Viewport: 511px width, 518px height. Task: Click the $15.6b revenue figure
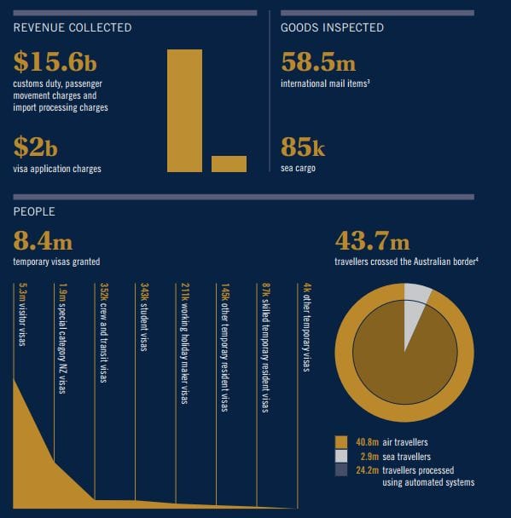point(55,62)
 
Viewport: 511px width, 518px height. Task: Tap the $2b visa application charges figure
point(35,147)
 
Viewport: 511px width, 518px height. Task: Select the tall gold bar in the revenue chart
point(184,111)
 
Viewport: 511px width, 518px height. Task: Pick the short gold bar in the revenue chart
point(229,164)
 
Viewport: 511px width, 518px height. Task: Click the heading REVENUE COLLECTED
point(73,27)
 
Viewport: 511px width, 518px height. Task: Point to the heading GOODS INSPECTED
point(332,27)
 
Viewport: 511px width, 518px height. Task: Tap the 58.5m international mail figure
point(318,62)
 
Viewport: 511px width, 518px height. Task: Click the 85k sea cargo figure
point(303,147)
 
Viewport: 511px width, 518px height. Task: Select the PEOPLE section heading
point(34,211)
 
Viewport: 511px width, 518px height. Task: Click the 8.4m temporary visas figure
point(43,241)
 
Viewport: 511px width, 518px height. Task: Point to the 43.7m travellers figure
point(372,241)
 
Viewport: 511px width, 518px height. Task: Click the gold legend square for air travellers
point(341,442)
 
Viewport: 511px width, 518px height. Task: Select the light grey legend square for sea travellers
point(341,456)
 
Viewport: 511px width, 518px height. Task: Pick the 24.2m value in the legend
point(367,470)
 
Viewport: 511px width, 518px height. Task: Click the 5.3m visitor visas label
point(22,314)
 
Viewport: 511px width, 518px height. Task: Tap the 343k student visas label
point(144,317)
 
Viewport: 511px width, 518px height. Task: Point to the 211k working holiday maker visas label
point(185,343)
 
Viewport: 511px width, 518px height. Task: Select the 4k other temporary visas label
point(307,327)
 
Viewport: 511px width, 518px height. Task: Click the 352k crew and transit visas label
point(103,332)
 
